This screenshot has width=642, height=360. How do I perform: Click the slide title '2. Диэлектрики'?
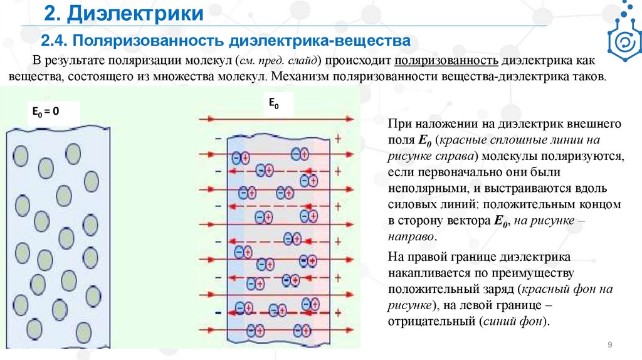pos(124,14)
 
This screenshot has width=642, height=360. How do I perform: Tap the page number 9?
pos(609,346)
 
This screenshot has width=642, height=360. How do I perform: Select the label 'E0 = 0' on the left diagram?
pos(46,112)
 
